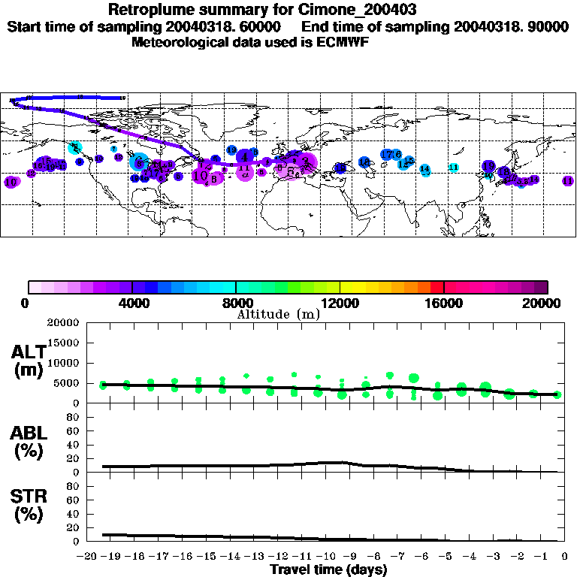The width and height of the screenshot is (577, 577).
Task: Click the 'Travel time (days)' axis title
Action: click(329, 569)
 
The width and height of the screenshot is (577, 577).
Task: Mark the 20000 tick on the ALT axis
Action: click(62, 323)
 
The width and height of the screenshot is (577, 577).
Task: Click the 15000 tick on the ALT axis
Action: click(62, 343)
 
